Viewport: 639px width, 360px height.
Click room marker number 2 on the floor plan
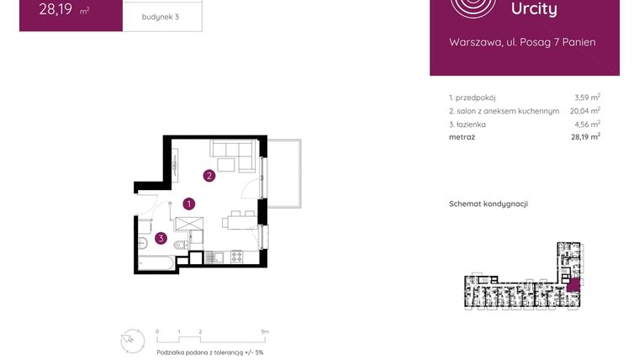[x=209, y=176]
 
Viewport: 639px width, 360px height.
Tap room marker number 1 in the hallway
[x=190, y=204]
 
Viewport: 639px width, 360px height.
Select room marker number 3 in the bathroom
[x=160, y=238]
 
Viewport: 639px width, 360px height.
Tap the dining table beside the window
[x=239, y=222]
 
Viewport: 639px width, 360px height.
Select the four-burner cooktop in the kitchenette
[x=236, y=256]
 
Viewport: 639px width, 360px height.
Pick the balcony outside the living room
[x=285, y=173]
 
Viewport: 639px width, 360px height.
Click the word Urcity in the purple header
[x=534, y=9]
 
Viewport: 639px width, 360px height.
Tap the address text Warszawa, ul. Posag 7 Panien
[x=523, y=42]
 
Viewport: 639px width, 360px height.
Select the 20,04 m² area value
[x=584, y=111]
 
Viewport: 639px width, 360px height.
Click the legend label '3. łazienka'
[x=467, y=124]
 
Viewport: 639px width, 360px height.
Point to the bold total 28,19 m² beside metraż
[x=584, y=136]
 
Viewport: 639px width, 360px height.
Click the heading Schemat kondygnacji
[x=488, y=204]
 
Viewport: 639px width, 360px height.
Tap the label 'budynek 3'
[x=159, y=17]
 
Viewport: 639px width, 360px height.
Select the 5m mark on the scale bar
[x=265, y=332]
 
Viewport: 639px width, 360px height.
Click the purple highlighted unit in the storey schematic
[x=573, y=285]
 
